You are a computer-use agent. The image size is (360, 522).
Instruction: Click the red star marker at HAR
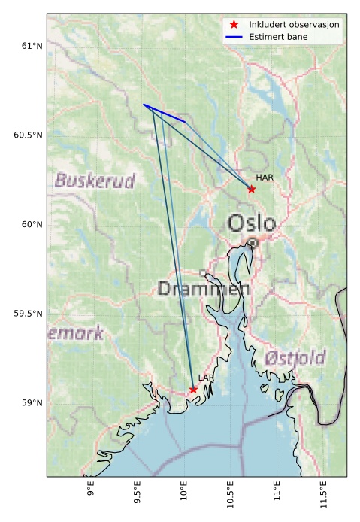(252, 189)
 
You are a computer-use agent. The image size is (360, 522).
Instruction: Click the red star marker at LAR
(193, 389)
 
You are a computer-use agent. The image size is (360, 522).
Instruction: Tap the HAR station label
(264, 178)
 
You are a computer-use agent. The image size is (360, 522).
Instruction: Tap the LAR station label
(205, 378)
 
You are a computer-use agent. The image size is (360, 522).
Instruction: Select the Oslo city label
(252, 223)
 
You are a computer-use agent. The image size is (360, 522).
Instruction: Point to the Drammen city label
(204, 289)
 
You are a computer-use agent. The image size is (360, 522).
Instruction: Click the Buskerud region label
(95, 181)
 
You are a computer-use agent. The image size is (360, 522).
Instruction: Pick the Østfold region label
(294, 357)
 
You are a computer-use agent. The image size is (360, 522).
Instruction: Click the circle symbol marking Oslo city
(253, 243)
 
